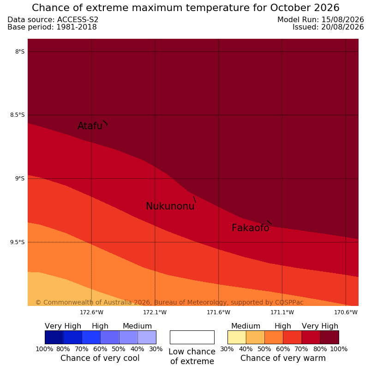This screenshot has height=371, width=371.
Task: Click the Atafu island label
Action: pos(90,126)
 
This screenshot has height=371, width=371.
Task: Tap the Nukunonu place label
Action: pos(170,206)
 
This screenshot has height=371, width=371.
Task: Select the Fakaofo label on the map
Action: pos(250,228)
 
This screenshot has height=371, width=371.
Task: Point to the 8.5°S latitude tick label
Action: pos(17,115)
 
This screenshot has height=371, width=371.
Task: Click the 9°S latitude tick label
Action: pos(20,179)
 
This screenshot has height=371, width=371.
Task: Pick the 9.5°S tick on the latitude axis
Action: pos(17,242)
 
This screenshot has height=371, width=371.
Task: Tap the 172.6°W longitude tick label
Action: pos(91,312)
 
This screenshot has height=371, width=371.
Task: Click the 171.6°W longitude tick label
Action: pos(218,312)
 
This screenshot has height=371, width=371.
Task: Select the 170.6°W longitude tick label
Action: pos(346,312)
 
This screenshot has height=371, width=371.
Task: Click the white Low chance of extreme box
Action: pos(192,337)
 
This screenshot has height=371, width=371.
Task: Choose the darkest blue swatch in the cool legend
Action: pos(54,337)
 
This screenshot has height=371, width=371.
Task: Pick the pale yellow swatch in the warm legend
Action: pos(237,337)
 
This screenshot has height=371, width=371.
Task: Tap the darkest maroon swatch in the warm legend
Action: pos(329,337)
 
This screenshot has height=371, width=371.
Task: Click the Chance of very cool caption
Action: pos(100,358)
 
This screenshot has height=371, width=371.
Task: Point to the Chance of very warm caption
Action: pos(283,358)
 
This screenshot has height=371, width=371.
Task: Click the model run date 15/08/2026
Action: pos(342,20)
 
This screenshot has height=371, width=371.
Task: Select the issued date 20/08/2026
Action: pos(342,27)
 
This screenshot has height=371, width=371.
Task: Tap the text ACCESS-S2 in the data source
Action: pos(78,20)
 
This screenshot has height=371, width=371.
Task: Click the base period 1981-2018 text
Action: pos(77,27)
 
